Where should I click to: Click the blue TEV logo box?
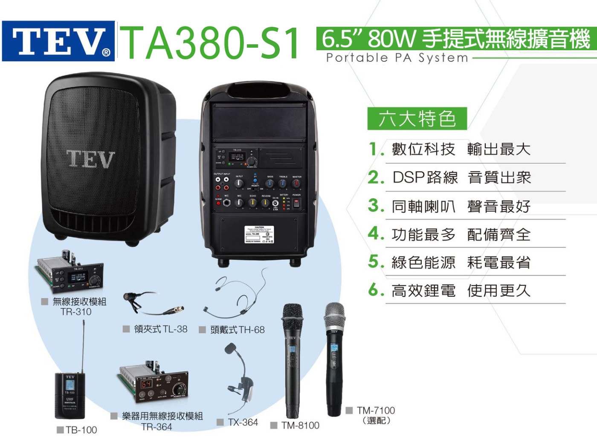click(x=58, y=41)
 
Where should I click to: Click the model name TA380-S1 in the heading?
click(x=211, y=43)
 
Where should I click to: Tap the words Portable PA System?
click(x=397, y=58)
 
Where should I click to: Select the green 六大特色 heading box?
click(x=417, y=118)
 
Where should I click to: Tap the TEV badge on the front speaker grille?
click(x=91, y=159)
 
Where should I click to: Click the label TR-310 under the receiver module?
click(x=76, y=312)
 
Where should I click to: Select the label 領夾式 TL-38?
click(x=160, y=329)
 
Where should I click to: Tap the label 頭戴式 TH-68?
click(x=237, y=330)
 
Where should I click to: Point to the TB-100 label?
click(x=81, y=430)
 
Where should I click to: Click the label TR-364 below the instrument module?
click(x=157, y=427)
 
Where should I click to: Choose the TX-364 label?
click(x=243, y=422)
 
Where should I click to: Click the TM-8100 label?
click(x=300, y=425)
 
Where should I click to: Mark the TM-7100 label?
click(x=376, y=410)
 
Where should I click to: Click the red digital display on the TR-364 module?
click(x=147, y=384)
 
